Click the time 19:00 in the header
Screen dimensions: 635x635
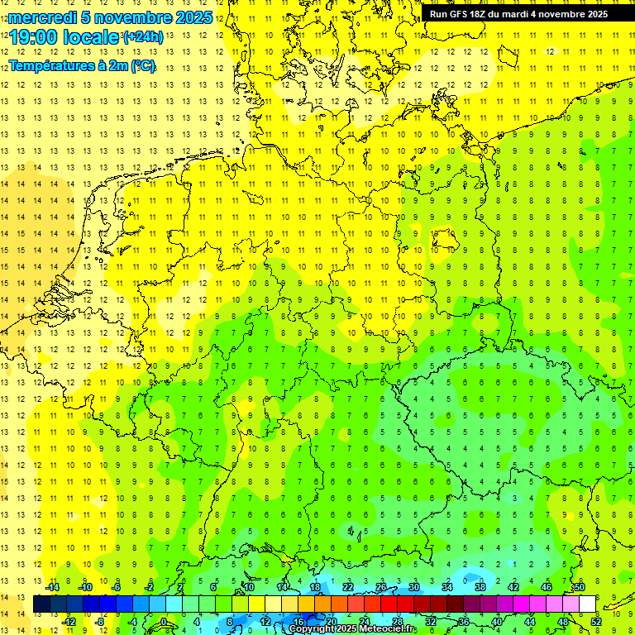[x=33, y=38]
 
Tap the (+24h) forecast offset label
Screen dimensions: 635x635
[x=143, y=37]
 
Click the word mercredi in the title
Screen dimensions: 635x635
[x=39, y=17]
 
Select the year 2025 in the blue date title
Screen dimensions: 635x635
[x=193, y=17]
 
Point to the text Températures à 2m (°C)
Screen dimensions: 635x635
[x=81, y=66]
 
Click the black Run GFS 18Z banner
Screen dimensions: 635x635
[x=518, y=14]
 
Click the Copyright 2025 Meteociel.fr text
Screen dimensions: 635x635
[x=352, y=629]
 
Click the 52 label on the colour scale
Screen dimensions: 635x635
[x=596, y=621]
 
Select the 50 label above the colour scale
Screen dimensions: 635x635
[x=580, y=587]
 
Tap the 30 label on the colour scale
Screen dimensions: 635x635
[x=414, y=587]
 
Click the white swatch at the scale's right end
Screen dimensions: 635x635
[x=588, y=604]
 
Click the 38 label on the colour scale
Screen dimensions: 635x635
[x=480, y=587]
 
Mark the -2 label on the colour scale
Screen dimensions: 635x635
[x=150, y=587]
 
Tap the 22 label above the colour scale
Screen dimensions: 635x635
[x=348, y=587]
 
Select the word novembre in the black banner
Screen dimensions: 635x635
[x=575, y=14]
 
